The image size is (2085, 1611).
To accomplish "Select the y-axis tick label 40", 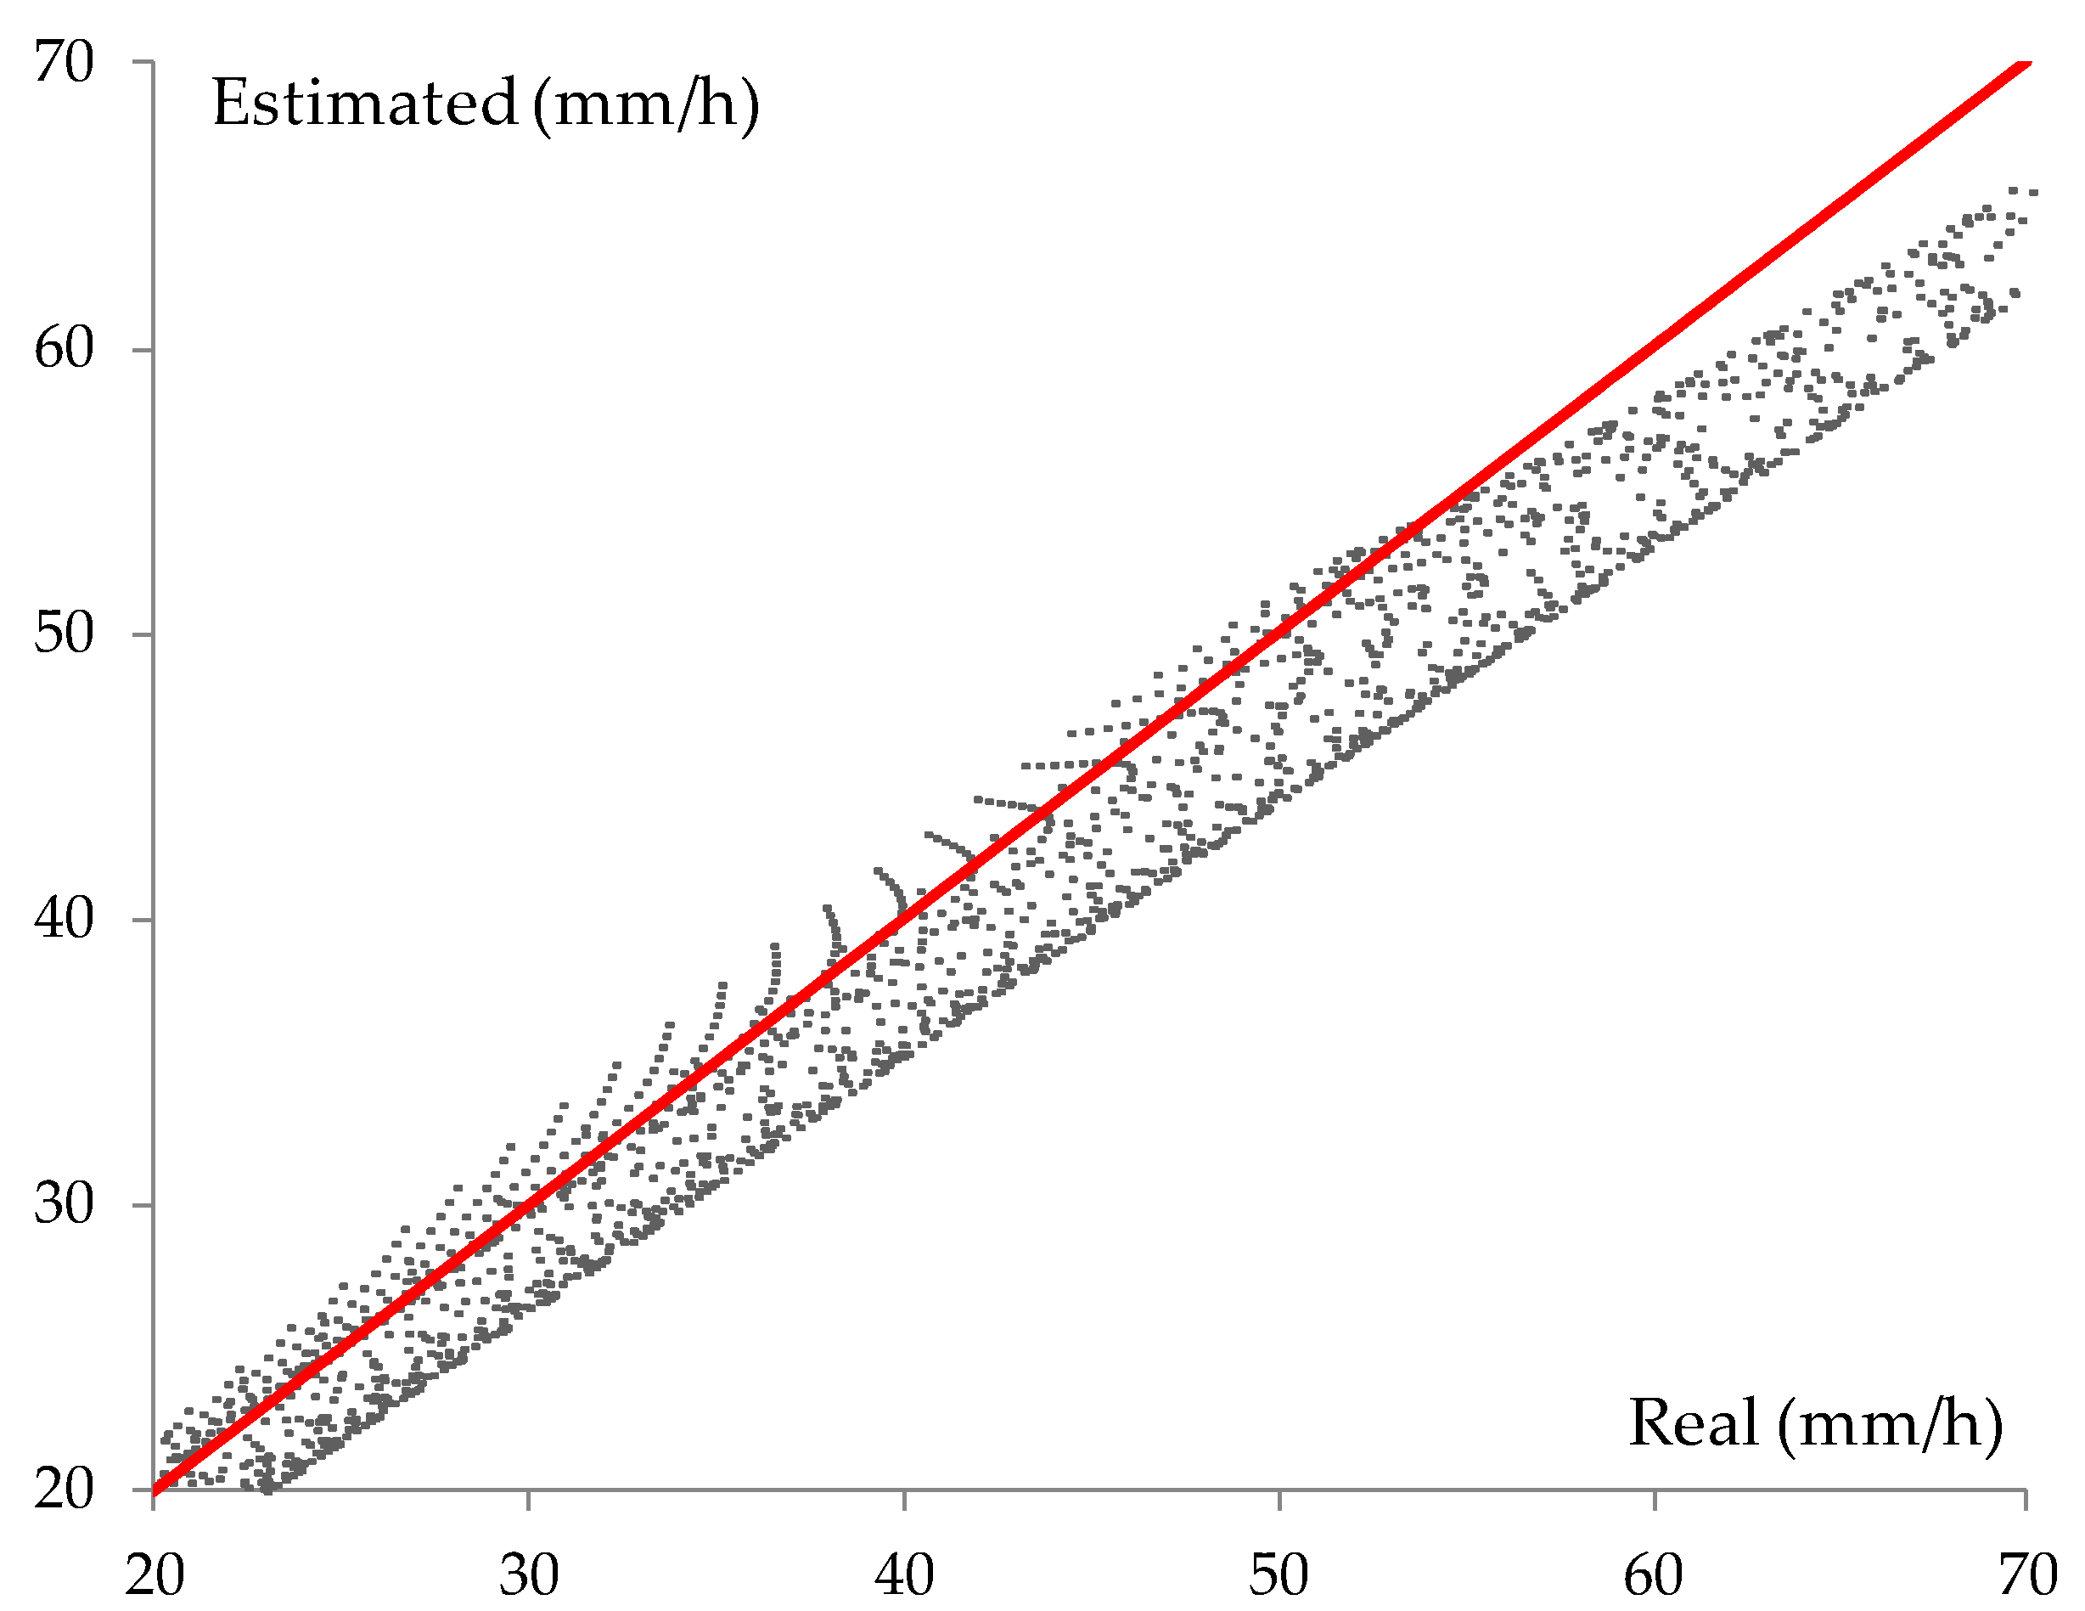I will [x=64, y=918].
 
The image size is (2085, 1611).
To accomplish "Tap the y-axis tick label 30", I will [x=64, y=1203].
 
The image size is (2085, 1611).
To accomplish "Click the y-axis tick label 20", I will [x=64, y=1487].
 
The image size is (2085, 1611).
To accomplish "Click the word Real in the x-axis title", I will [x=1693, y=1422].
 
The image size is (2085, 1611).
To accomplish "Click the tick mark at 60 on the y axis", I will [x=141, y=350].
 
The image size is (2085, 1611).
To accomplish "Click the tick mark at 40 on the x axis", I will [x=904, y=1501].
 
